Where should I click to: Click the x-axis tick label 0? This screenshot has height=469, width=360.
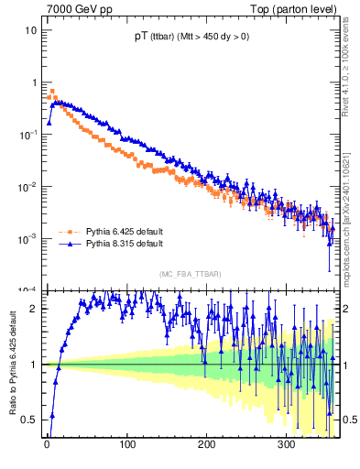47,445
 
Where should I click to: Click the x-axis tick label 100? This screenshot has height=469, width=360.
125,445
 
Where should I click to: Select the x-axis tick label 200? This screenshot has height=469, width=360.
206,445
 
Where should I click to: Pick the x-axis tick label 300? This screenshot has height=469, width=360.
286,445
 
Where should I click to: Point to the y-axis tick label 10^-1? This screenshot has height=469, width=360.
27,134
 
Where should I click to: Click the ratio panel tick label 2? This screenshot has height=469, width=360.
32,309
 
